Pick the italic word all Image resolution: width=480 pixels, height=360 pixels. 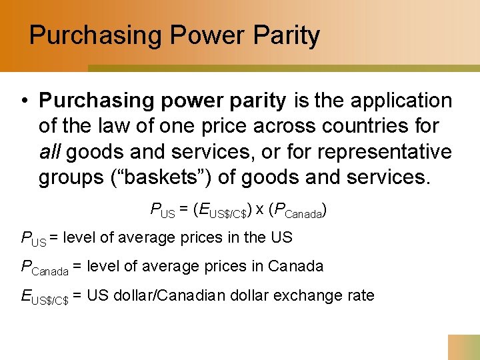point(50,151)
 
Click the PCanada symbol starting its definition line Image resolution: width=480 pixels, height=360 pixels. point(45,267)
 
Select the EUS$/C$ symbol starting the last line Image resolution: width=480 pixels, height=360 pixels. point(45,297)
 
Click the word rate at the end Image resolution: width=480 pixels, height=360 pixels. point(360,295)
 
